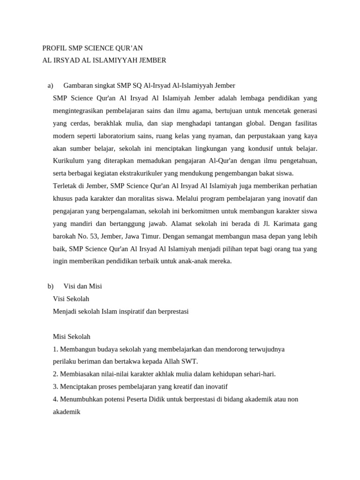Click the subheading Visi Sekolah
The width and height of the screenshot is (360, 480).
(71, 299)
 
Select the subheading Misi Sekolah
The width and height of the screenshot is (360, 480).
(72, 337)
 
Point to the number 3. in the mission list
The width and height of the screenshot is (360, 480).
(55, 387)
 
